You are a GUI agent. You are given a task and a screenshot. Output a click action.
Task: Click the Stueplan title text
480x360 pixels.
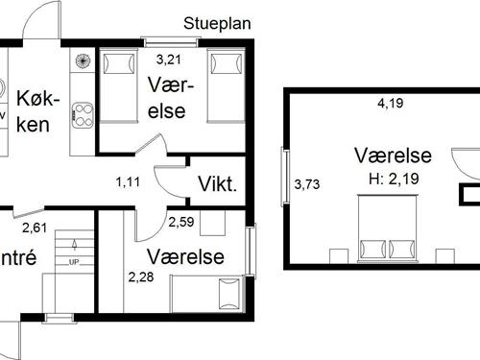[217, 24]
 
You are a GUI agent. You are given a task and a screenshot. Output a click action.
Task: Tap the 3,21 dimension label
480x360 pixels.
[170, 60]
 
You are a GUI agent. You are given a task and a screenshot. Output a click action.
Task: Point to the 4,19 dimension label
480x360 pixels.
[390, 104]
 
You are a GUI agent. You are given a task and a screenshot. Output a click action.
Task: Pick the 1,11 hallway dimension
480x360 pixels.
[129, 180]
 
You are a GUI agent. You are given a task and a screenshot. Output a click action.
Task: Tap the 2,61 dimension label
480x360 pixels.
[35, 228]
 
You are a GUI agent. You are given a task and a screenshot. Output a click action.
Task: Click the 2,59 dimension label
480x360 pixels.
[181, 223]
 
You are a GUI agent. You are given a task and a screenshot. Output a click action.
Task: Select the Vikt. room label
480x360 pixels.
[218, 184]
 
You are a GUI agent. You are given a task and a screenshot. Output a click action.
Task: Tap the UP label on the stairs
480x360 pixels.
[74, 261]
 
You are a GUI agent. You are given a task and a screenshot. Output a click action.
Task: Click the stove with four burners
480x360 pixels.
[81, 113]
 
